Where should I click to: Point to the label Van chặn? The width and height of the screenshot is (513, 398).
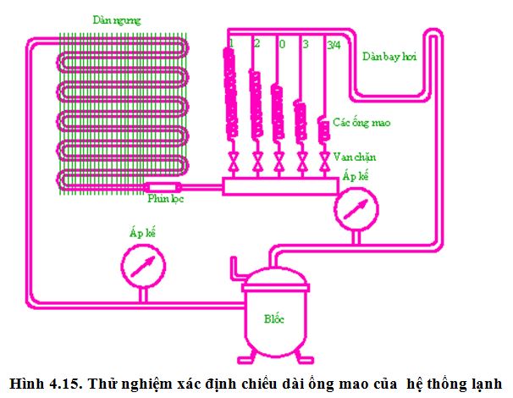355,157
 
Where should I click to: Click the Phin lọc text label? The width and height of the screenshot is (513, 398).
165,199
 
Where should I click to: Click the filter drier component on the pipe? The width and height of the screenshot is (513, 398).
162,186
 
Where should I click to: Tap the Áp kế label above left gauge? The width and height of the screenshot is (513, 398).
141,231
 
